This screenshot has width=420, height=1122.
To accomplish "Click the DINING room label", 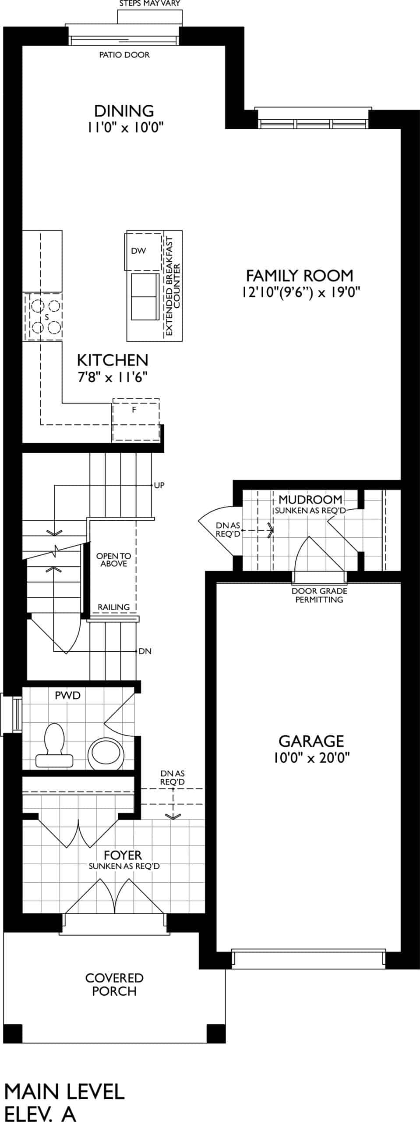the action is [x=124, y=110].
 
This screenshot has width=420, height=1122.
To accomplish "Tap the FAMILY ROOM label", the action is [x=300, y=276].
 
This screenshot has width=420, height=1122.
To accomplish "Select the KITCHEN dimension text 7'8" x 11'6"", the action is [x=113, y=377].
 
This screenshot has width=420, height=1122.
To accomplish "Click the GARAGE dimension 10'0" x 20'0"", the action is [x=311, y=758].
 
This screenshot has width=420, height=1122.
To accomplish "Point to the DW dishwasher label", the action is [x=138, y=251].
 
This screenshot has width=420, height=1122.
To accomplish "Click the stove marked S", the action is [x=43, y=317].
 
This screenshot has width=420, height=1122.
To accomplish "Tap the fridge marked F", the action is [x=136, y=420].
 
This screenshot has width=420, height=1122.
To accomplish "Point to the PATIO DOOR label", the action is [x=124, y=55].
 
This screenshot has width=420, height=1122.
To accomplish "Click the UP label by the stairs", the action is [x=159, y=485].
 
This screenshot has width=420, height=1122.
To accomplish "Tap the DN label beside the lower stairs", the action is [x=145, y=651].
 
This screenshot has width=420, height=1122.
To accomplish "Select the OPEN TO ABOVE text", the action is [x=113, y=560].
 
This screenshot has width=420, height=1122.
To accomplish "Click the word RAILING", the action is [x=114, y=607].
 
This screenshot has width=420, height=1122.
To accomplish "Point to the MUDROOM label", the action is [x=311, y=499].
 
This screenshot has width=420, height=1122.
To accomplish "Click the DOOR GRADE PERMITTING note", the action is [x=319, y=595].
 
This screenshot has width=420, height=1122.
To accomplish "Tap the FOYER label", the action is [x=123, y=855].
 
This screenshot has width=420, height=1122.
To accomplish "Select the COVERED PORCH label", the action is [x=114, y=984].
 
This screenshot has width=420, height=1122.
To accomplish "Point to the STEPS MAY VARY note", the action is [x=150, y=4].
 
